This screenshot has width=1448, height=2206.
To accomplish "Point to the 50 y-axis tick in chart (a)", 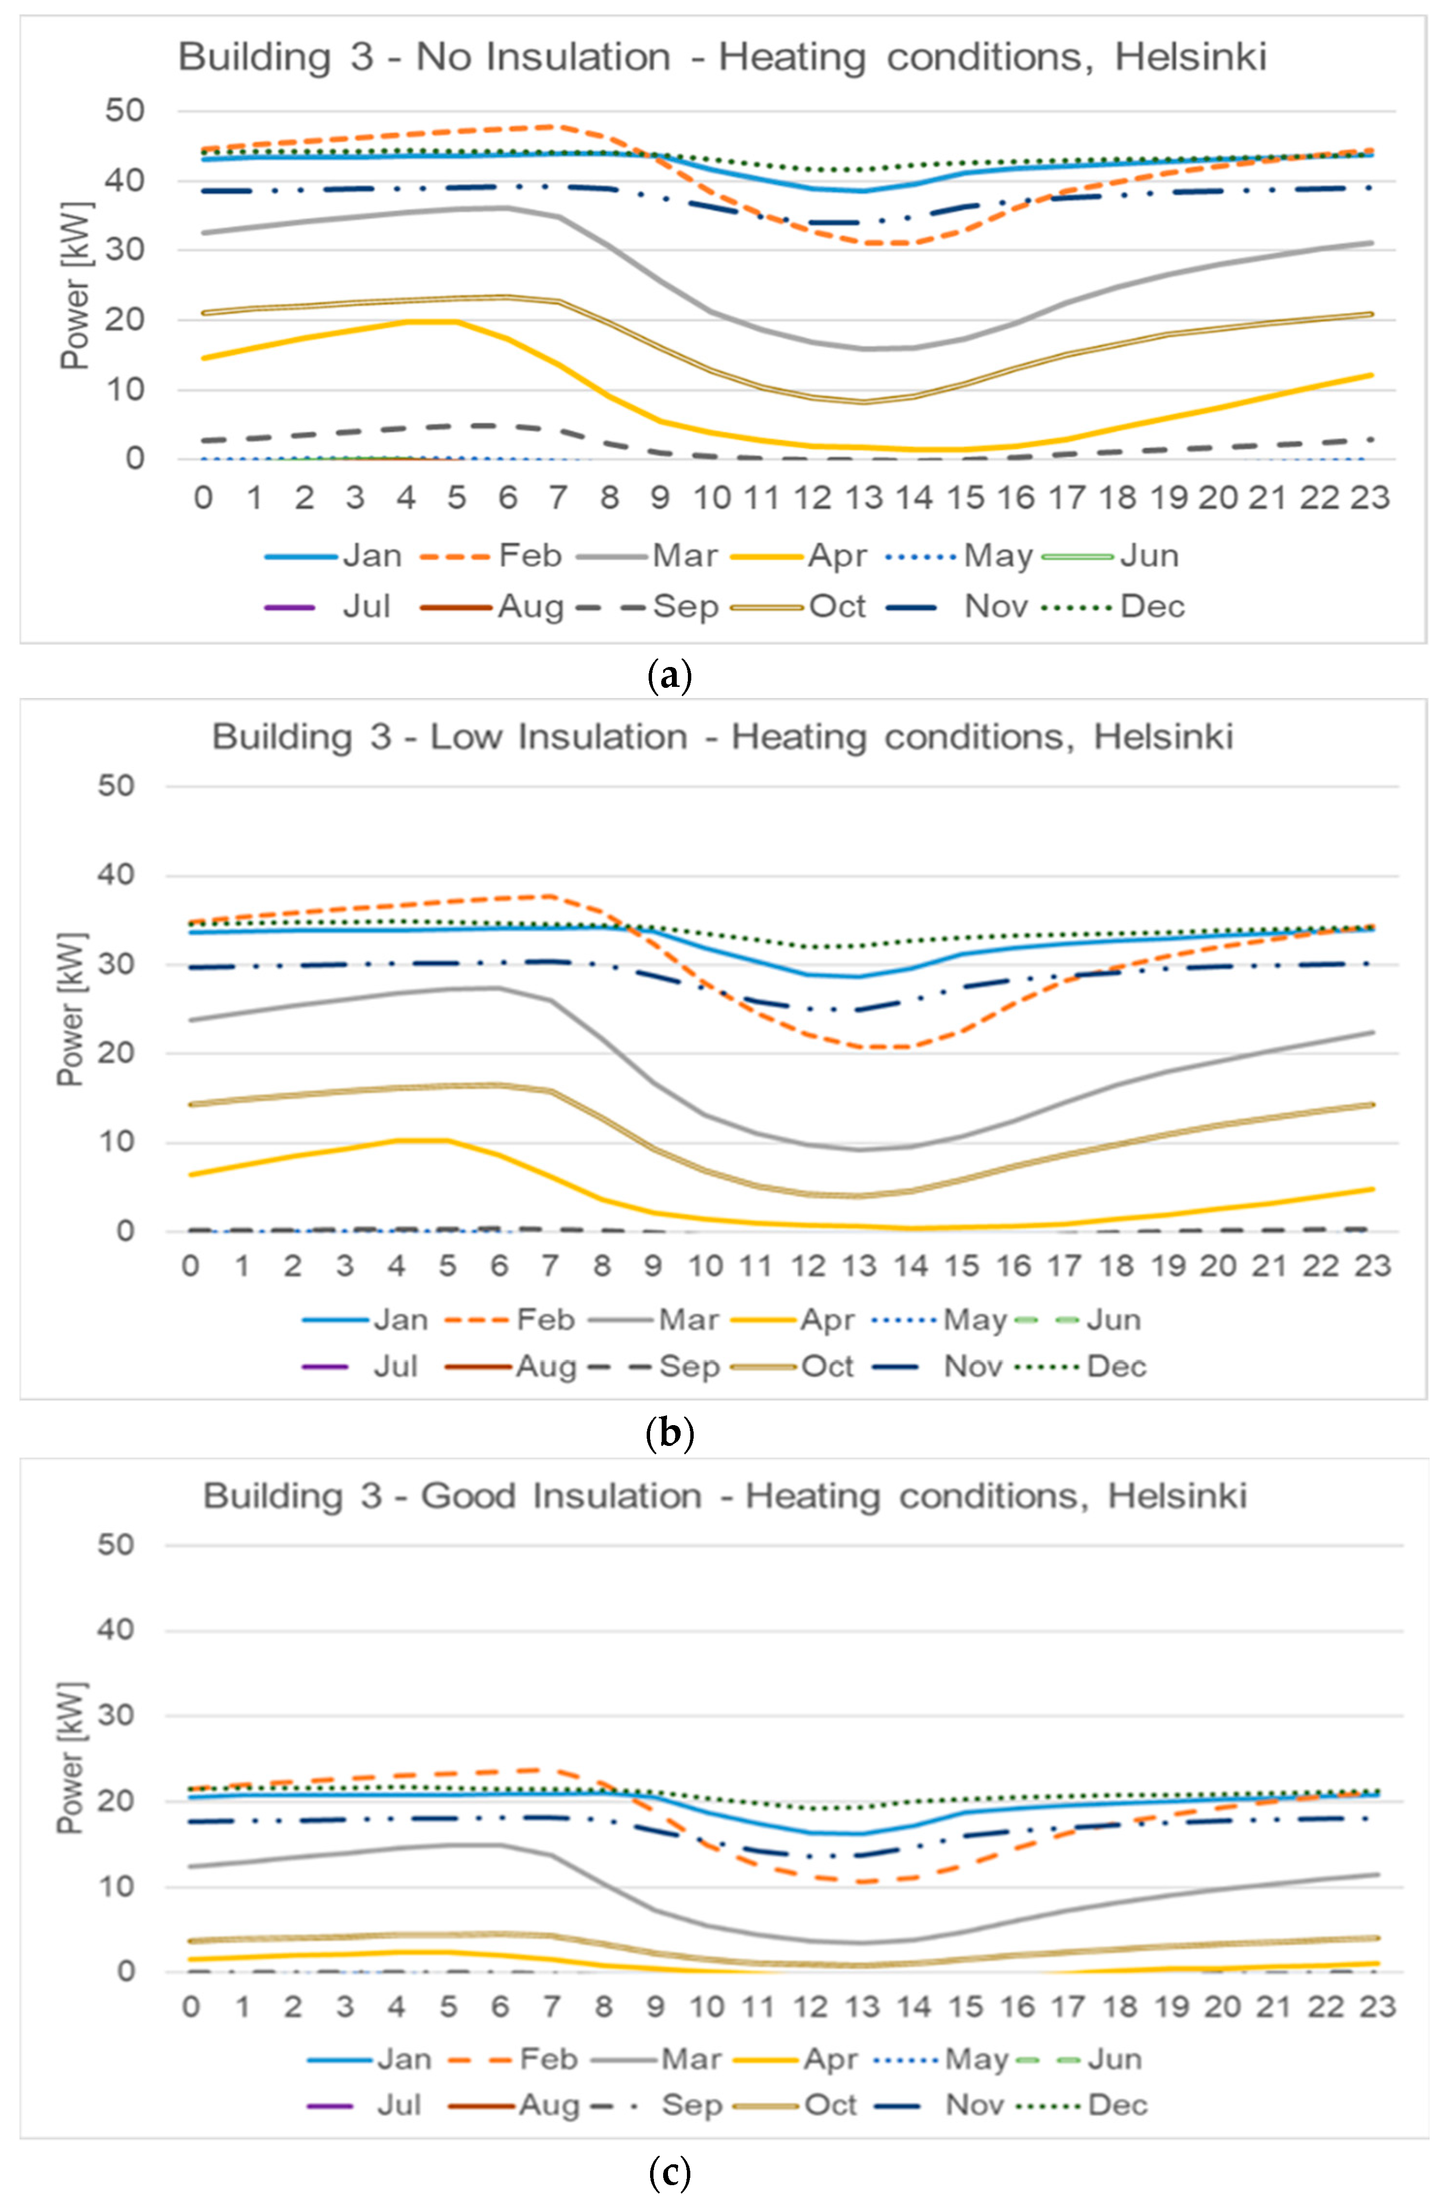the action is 124,111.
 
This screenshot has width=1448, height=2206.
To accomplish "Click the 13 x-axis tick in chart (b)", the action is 860,1266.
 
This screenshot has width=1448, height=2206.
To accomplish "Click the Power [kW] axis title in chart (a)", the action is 76,286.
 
